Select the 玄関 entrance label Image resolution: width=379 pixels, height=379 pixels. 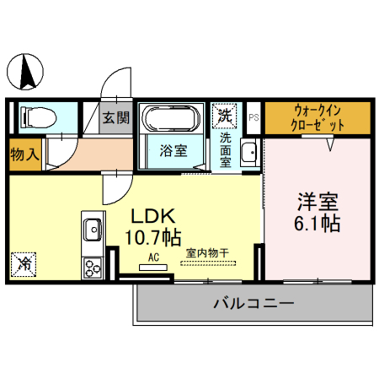(116, 118)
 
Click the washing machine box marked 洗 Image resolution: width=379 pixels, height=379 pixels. (225, 113)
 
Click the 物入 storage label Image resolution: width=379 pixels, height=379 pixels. (23, 155)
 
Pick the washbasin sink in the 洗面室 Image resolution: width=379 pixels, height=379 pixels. (249, 154)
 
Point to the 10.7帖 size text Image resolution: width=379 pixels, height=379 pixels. (152, 234)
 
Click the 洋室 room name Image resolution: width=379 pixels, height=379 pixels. (318, 203)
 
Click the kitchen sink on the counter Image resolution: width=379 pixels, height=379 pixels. (91, 228)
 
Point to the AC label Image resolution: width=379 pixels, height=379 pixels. (153, 257)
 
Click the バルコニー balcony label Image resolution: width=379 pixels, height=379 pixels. (253, 303)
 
